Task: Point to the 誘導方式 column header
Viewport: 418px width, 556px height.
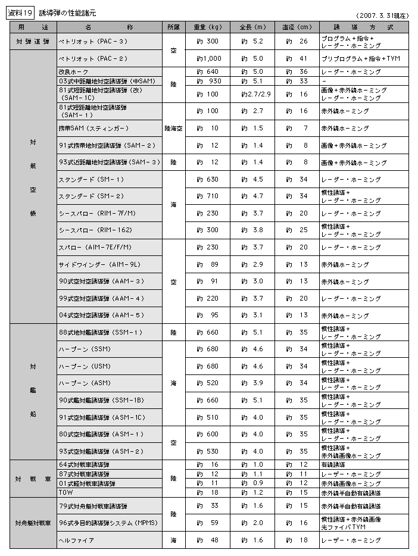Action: point(364,27)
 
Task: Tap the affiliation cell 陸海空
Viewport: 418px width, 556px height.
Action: point(173,128)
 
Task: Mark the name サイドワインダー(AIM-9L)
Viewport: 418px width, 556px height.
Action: point(98,264)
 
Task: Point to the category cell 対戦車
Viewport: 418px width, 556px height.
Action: point(33,478)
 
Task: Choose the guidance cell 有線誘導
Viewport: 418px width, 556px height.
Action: point(336,464)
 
